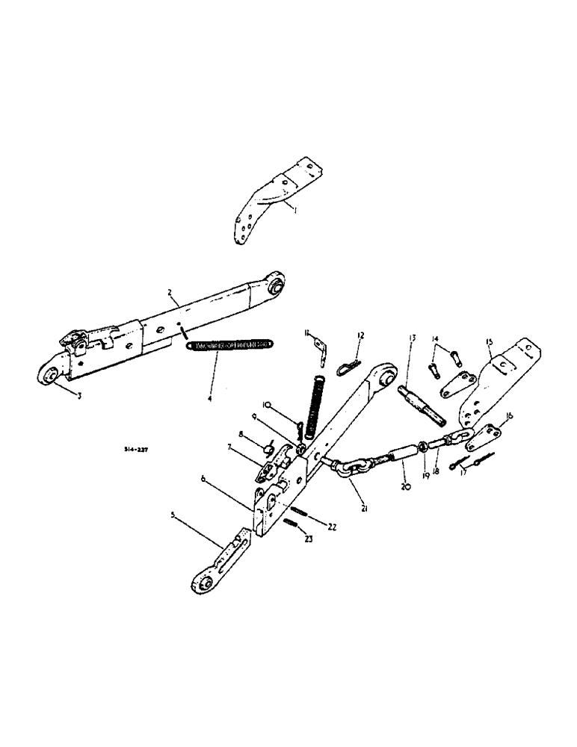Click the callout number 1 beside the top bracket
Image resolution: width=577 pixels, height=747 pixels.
coord(295,211)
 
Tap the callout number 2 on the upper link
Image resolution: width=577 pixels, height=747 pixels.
coord(170,293)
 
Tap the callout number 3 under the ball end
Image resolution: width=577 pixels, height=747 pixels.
coord(79,395)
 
